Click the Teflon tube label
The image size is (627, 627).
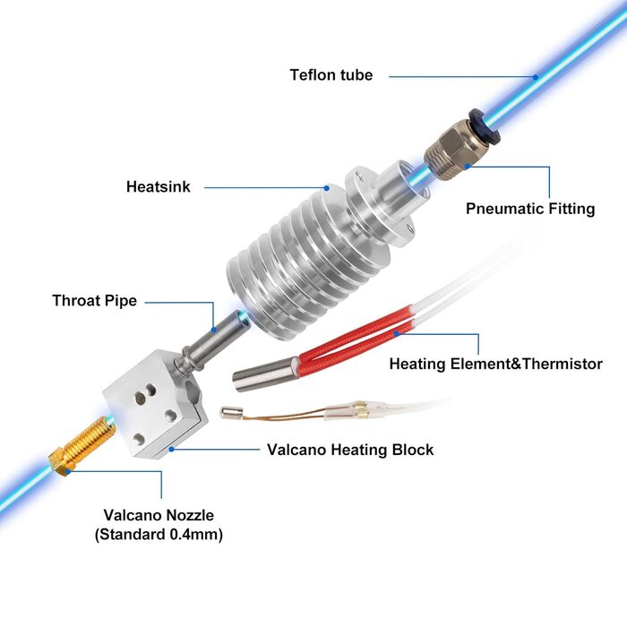click(331, 74)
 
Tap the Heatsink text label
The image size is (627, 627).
click(159, 186)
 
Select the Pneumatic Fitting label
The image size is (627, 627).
click(530, 209)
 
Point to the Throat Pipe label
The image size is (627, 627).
click(94, 301)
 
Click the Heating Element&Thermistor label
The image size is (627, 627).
click(496, 364)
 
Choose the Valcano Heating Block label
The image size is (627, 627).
click(350, 450)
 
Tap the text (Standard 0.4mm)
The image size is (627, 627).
click(159, 534)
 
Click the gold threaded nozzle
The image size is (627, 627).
click(82, 445)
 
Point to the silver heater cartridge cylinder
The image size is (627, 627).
click(265, 374)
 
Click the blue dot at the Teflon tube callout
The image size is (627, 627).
click(536, 77)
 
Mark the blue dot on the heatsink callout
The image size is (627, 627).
click(327, 188)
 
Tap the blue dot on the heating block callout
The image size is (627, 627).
click(171, 449)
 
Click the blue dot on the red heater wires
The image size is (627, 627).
click(396, 333)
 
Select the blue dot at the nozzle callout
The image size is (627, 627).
click(68, 472)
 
